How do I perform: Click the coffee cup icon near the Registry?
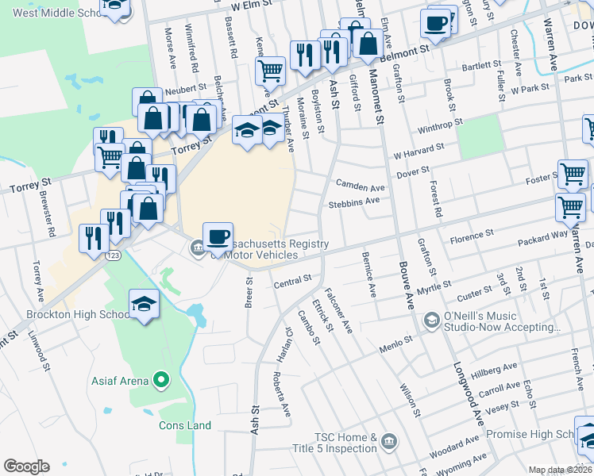(x=218, y=236)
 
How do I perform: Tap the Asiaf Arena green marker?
(x=162, y=381)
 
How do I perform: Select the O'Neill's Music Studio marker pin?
(x=432, y=321)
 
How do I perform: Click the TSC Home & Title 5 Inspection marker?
(x=388, y=441)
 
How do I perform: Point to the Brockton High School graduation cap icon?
(x=144, y=304)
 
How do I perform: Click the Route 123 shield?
(x=114, y=255)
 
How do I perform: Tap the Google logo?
(x=26, y=466)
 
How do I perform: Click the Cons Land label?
(x=185, y=425)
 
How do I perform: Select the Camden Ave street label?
(x=360, y=187)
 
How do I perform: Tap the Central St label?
(x=292, y=281)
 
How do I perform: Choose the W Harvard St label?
(x=418, y=150)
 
